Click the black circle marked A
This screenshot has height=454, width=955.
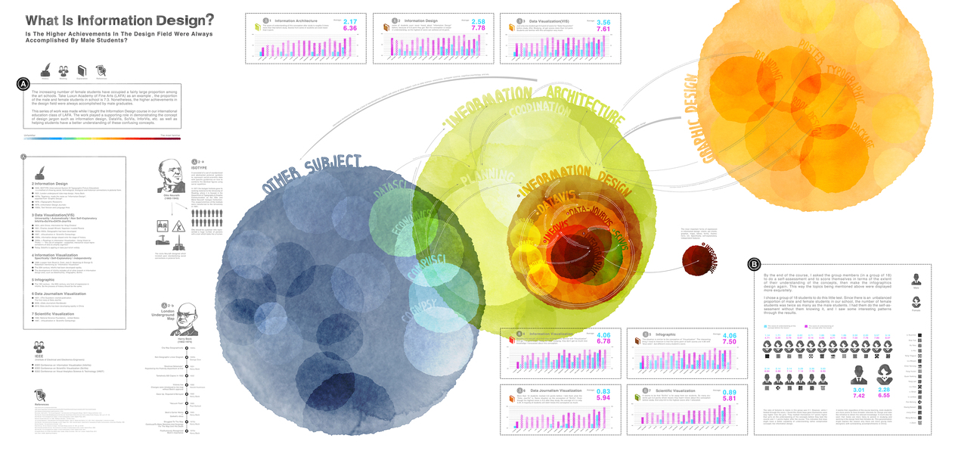(23, 85)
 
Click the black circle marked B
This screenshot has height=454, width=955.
(754, 265)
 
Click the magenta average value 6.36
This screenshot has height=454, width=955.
(350, 29)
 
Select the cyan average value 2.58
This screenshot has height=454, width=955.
(478, 22)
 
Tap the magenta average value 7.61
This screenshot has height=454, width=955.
(603, 30)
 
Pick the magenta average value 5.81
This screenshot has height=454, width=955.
(730, 398)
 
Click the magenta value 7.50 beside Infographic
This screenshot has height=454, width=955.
(730, 342)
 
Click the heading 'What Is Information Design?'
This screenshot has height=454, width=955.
(119, 20)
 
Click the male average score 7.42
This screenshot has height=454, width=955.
(858, 395)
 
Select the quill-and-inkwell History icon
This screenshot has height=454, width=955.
(45, 70)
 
